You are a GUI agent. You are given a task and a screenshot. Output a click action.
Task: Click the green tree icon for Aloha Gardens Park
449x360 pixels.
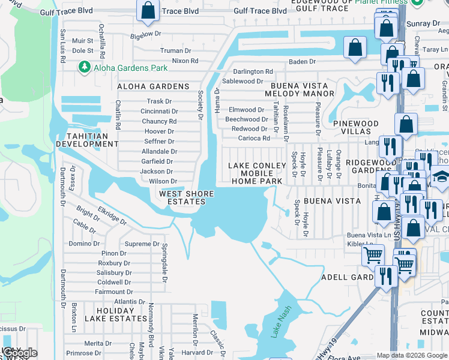tap(85, 67)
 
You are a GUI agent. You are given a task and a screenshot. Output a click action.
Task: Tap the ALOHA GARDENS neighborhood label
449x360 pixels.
tap(153, 86)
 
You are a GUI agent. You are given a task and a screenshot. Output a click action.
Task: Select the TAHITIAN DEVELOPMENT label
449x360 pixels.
tap(83, 140)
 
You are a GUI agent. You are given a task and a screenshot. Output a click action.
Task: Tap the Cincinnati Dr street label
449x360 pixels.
tap(159, 112)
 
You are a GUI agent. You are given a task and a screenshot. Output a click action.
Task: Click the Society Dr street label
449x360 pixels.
tap(200, 104)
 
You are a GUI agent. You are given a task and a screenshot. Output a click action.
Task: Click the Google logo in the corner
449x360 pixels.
tap(19, 353)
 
